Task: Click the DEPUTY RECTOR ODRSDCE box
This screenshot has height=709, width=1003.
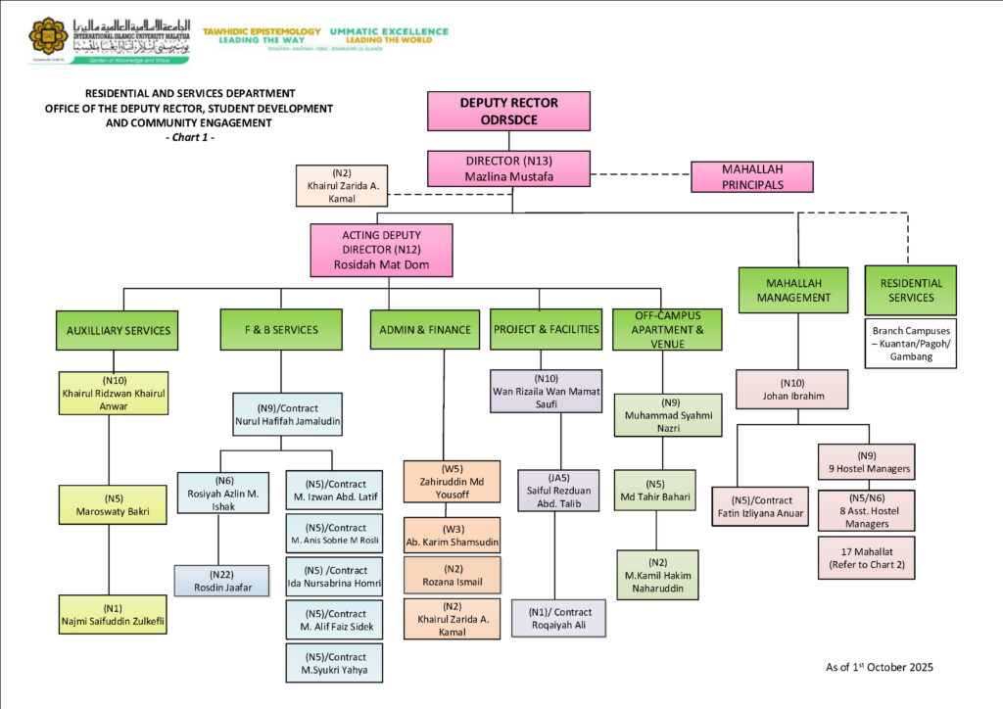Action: [x=508, y=111]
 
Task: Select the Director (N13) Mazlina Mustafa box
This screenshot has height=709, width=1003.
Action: [x=508, y=168]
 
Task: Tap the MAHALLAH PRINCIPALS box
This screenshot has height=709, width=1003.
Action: [x=752, y=176]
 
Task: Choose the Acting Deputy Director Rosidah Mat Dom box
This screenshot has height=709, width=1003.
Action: [x=381, y=250]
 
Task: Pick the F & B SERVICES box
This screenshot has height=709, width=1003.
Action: [x=281, y=330]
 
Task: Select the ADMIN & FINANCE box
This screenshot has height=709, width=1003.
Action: [x=424, y=330]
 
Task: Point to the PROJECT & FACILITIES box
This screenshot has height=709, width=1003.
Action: [x=547, y=329]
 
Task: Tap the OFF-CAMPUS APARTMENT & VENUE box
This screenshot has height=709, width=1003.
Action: [x=666, y=330]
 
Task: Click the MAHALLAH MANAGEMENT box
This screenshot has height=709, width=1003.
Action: [x=793, y=290]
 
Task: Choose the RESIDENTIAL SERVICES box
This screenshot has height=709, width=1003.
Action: [x=910, y=290]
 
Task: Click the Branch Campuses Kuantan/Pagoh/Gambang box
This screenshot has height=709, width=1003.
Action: [x=910, y=343]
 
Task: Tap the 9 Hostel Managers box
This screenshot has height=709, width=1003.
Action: [x=867, y=462]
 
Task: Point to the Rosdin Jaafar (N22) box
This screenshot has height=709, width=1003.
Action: [x=220, y=581]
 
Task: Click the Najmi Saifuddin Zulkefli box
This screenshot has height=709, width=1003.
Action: [x=113, y=614]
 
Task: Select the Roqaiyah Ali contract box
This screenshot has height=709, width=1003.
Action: [x=558, y=618]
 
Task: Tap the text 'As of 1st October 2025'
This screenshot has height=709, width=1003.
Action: [x=879, y=667]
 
